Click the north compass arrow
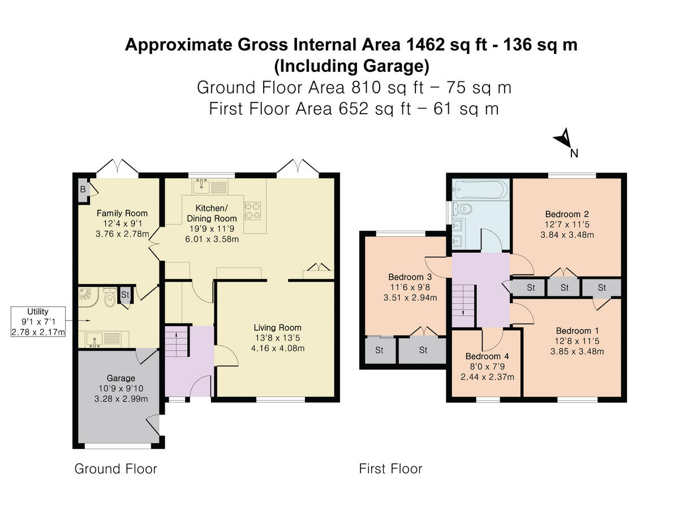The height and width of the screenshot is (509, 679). tap(564, 139)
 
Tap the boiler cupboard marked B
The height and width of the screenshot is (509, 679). tap(83, 190)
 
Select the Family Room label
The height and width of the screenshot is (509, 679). tap(122, 213)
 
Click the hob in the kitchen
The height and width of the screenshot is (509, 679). tap(252, 210)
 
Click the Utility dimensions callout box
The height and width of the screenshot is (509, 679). tap(38, 321)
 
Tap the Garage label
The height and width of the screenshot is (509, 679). tap(121, 378)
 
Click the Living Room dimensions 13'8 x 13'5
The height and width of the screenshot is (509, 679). tap(277, 338)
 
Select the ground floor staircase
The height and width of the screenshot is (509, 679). tap(177, 341)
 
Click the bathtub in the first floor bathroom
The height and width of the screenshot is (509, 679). tap(480, 189)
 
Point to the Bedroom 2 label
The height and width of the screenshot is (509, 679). tap(567, 214)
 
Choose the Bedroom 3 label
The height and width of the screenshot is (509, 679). tap(410, 277)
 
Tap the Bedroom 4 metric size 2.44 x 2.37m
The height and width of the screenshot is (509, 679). tap(487, 377)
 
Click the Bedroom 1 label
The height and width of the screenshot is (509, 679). tap(577, 331)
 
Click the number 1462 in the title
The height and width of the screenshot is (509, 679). tap(426, 45)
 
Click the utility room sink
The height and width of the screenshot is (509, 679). tap(93, 340)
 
